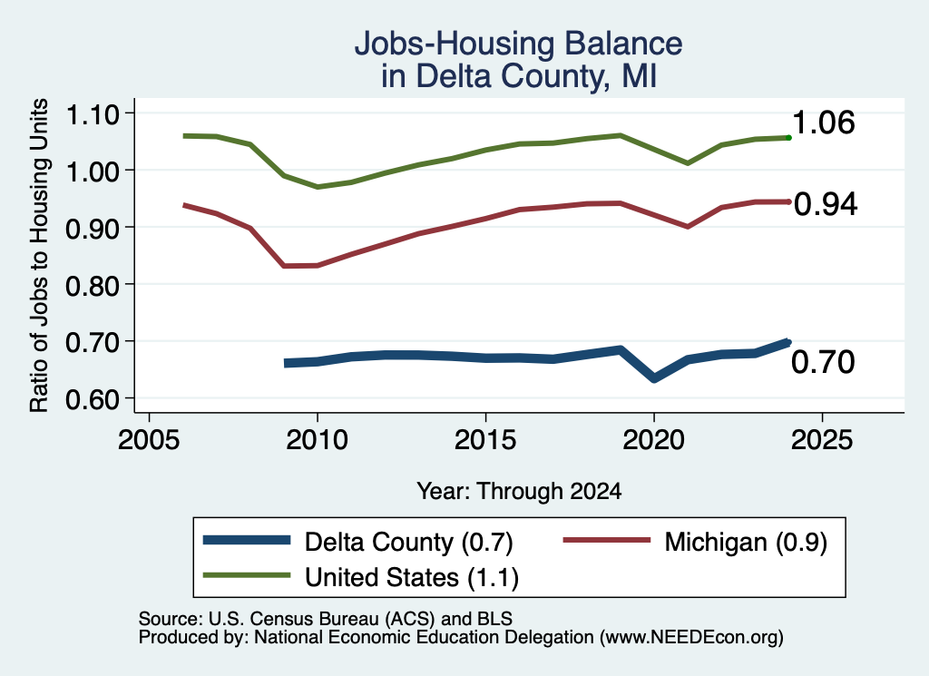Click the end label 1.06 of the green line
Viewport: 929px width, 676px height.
[x=823, y=122]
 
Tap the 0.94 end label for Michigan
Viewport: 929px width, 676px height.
[x=826, y=204]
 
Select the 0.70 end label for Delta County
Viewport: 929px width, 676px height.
[x=823, y=362]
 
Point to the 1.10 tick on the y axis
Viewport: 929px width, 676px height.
[x=93, y=113]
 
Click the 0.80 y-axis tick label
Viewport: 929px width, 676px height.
[x=93, y=285]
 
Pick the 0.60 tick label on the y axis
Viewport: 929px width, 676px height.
[x=93, y=399]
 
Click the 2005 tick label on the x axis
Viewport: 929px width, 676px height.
[x=149, y=440]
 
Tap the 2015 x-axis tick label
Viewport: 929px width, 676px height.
[x=485, y=440]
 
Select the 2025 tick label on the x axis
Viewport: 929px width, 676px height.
[x=822, y=440]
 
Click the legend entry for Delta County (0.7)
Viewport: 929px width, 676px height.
[x=358, y=542]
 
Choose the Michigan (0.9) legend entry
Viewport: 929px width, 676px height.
[x=695, y=542]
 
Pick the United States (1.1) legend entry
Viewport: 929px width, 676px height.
[x=361, y=577]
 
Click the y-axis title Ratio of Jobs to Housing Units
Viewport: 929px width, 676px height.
[x=39, y=255]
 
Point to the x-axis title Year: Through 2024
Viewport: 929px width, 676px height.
[x=519, y=491]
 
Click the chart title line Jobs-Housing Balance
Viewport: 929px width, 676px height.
[x=518, y=44]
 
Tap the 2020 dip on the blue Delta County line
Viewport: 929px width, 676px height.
[x=654, y=378]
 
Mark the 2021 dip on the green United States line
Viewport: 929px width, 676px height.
[x=688, y=163]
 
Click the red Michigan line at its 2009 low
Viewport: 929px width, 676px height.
[x=285, y=266]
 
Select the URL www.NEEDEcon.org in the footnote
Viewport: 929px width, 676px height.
[x=690, y=638]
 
